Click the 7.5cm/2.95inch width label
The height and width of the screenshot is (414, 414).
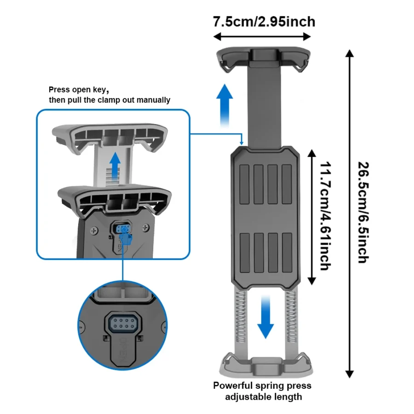pyautogui.click(x=264, y=22)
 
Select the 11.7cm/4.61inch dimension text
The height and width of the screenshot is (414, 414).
pyautogui.click(x=325, y=216)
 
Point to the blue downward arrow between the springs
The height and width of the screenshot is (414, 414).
pyautogui.click(x=265, y=317)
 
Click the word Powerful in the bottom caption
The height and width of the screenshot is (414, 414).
pyautogui.click(x=234, y=385)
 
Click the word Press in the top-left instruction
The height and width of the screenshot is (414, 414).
pyautogui.click(x=59, y=90)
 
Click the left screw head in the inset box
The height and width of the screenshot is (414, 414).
pyautogui.click(x=94, y=229)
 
